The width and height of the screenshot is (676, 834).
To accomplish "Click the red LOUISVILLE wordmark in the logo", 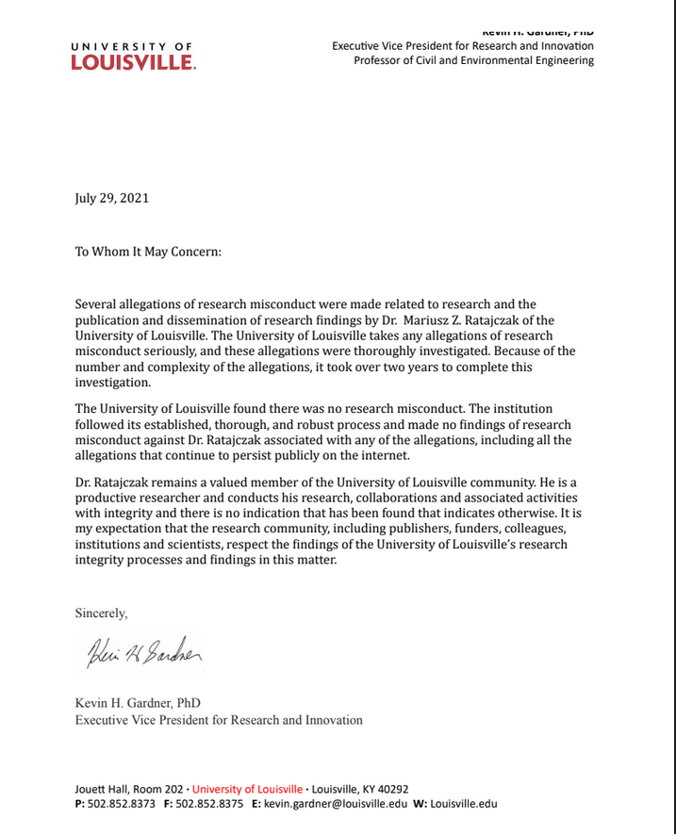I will pos(133,62).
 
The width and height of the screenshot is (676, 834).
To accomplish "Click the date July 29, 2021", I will pos(112,198).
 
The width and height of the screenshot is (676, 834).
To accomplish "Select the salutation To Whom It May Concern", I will pos(148,252).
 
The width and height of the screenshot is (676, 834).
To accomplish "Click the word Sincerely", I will pos(101,613).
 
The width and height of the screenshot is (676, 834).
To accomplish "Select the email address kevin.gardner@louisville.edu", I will pos(336,804).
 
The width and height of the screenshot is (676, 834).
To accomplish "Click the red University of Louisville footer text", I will pos(248,789).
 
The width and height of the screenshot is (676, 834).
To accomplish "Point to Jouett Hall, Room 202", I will pos(129,789).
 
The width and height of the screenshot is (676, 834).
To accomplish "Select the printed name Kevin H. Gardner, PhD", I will pos(138,703).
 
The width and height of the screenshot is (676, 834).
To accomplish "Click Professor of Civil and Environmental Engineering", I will pos(473,60).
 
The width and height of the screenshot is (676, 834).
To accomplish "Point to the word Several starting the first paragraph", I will pos(98,304).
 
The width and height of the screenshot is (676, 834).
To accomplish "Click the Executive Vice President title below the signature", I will pos(219,720).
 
